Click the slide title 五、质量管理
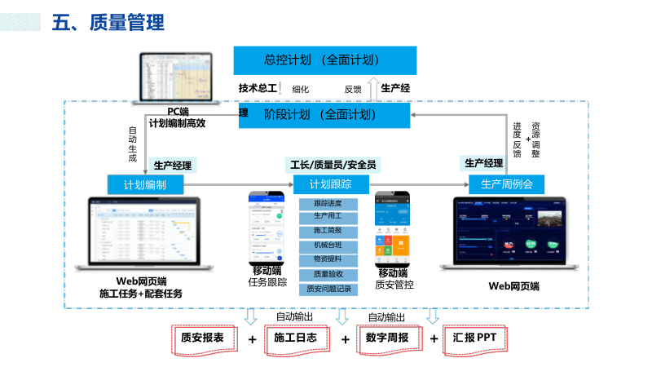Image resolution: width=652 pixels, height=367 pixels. (x=108, y=23)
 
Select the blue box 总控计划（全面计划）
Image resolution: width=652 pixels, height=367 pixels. (x=324, y=60)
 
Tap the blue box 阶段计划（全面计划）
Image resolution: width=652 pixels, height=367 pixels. (x=324, y=114)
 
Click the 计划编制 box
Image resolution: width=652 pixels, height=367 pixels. (x=145, y=184)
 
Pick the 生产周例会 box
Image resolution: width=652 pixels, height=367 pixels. (x=506, y=184)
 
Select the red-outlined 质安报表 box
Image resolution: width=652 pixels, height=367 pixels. (x=208, y=338)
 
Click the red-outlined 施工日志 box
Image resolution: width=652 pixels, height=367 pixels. (x=300, y=338)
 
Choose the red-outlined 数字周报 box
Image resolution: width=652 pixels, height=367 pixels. (x=392, y=338)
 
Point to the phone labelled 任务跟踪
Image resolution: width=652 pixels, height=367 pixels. (x=267, y=228)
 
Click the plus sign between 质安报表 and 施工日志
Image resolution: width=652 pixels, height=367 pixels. (x=253, y=338)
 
